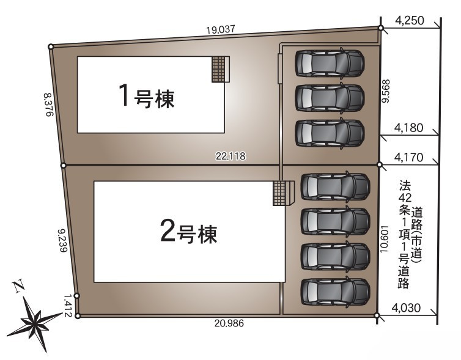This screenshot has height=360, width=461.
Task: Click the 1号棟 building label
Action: tap(146, 96)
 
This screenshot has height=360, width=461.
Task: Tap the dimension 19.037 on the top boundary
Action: tap(221, 29)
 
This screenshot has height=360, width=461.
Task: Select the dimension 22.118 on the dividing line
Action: tap(230, 156)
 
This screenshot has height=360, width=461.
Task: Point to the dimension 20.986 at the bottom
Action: tap(229, 323)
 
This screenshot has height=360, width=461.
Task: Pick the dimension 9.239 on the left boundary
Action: tap(63, 240)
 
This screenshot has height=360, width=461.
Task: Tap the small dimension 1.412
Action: tap(68, 306)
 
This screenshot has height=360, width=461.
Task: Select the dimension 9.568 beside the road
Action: tap(385, 91)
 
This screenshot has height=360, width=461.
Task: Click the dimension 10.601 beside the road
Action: tap(384, 239)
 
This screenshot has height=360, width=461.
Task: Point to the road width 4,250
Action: tap(410, 21)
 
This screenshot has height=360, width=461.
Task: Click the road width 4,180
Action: tap(408, 128)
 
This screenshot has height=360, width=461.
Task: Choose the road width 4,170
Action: tap(408, 158)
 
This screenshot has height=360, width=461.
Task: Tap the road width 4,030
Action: tap(406, 307)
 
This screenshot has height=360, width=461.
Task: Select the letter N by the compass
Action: tap(18, 286)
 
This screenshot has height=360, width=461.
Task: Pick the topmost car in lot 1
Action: tap(330, 64)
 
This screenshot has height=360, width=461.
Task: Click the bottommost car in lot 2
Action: tap(335, 292)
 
